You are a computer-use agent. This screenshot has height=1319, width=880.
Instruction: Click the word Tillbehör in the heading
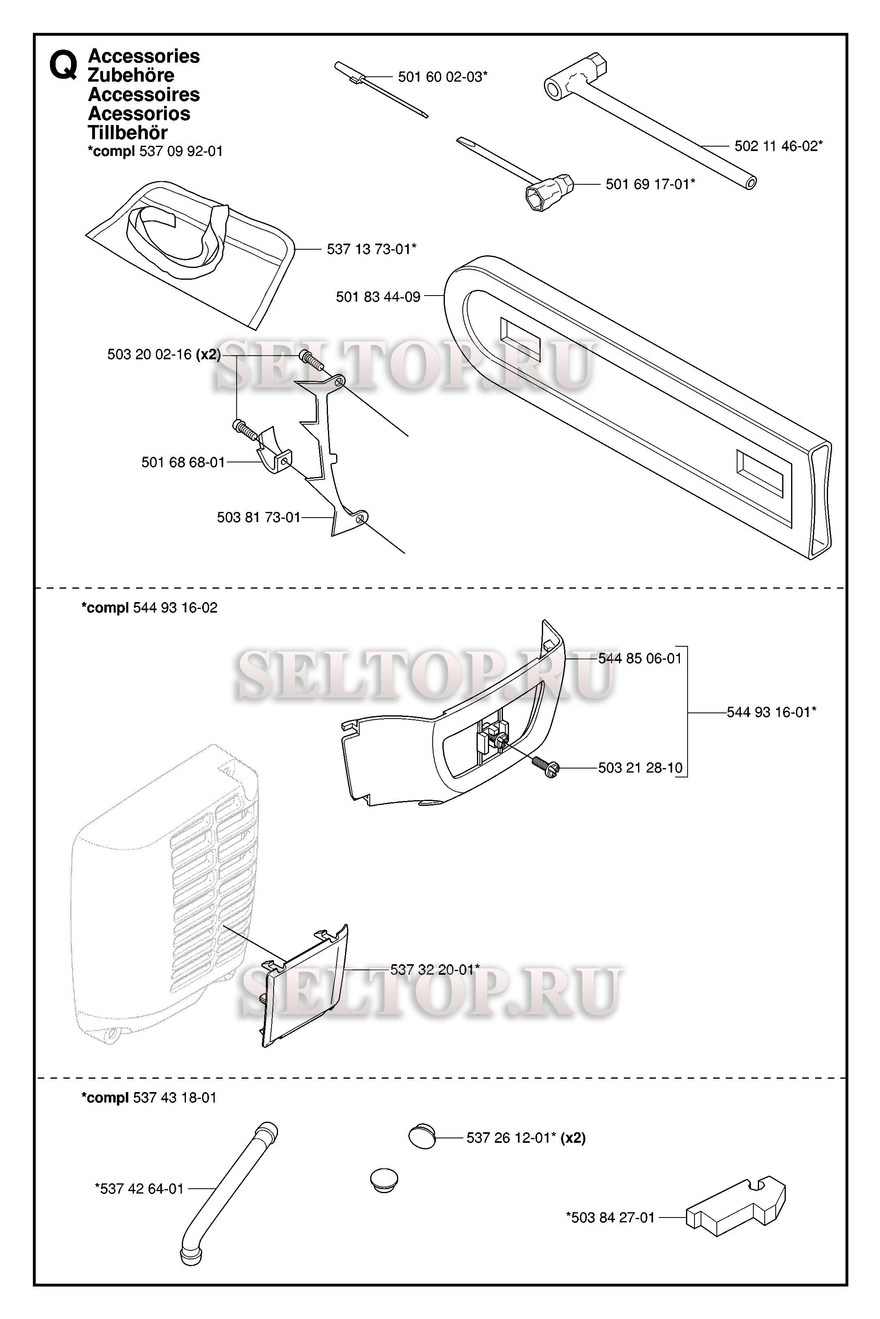[128, 133]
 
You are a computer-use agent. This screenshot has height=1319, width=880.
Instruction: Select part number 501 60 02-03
[443, 77]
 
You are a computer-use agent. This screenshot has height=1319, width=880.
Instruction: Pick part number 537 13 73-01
[371, 249]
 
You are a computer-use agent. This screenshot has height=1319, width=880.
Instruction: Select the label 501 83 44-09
[378, 297]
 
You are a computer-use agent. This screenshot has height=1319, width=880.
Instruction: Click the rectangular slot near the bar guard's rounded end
[520, 339]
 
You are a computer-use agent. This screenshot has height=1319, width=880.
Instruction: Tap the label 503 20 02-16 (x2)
[164, 355]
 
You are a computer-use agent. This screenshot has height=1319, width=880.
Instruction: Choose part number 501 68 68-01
[183, 462]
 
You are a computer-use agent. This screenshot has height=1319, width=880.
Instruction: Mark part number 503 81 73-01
[259, 518]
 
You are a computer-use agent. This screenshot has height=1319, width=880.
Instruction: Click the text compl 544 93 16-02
[150, 608]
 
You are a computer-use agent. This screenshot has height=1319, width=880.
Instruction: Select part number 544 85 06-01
[640, 658]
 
